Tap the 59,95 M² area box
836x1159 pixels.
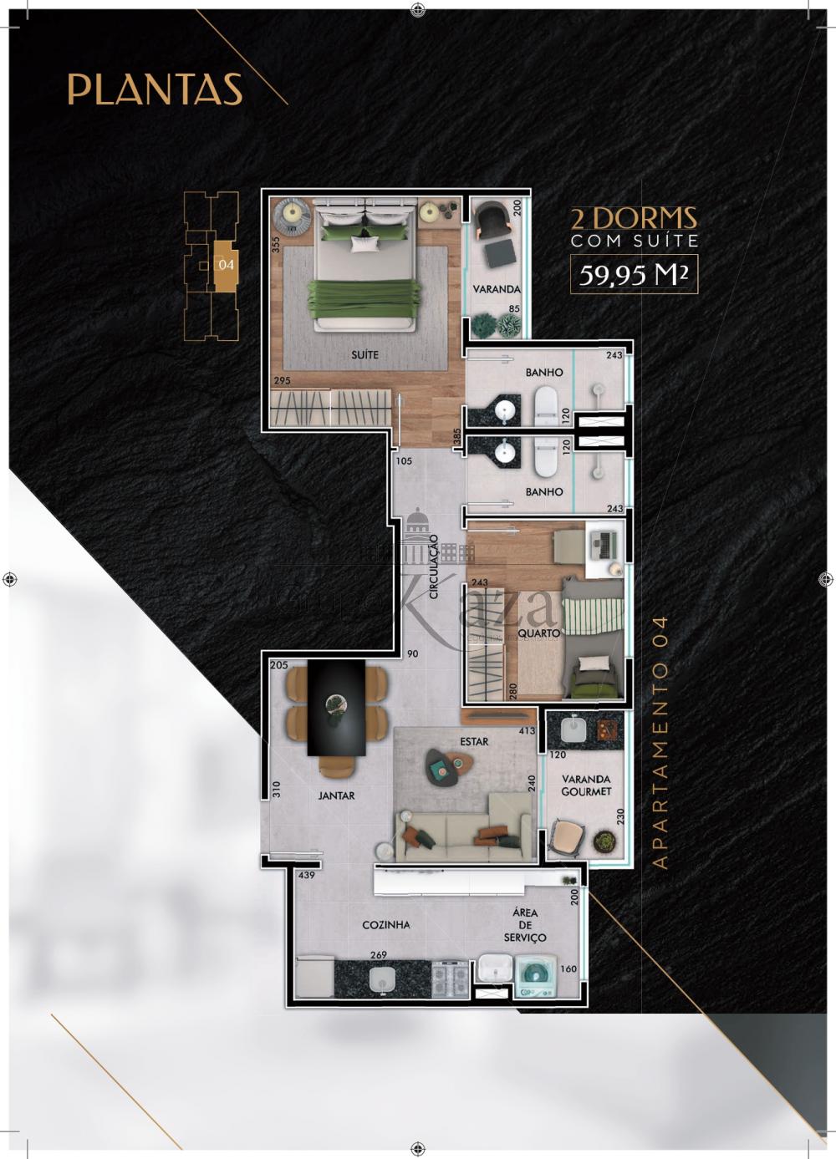(x=634, y=273)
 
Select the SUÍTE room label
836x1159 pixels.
(x=364, y=354)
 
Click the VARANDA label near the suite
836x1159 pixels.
(x=497, y=289)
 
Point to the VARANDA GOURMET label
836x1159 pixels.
(x=586, y=785)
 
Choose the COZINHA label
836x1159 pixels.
(x=385, y=925)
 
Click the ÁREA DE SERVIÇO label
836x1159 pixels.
(x=525, y=925)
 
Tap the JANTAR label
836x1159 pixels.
(x=336, y=796)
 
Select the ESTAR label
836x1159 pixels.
(x=474, y=741)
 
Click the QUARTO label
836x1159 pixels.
(x=538, y=633)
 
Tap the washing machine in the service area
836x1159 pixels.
(x=535, y=977)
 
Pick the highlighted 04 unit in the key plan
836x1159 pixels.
(x=226, y=264)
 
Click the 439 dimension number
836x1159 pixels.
(x=306, y=875)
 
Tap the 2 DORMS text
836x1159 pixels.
(x=633, y=219)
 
